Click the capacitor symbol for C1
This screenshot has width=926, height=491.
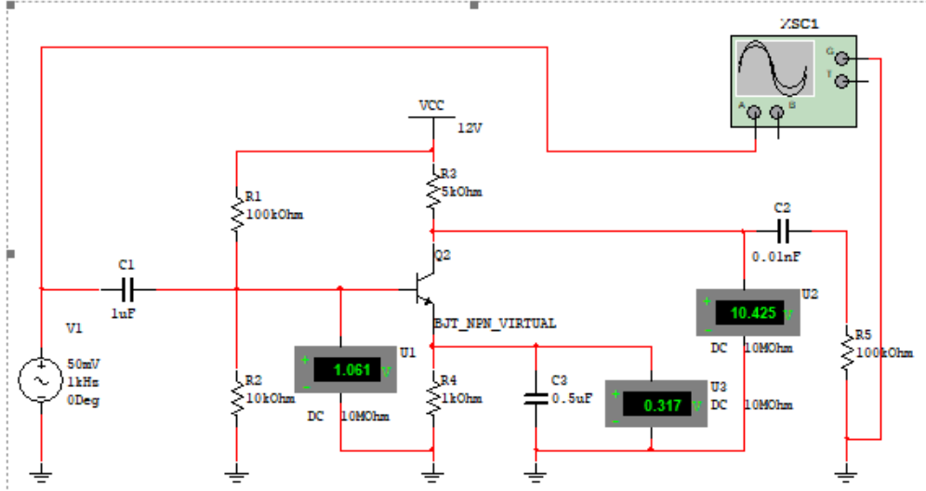tap(127, 288)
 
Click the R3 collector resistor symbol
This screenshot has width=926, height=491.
tap(432, 190)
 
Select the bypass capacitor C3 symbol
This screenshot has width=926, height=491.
tap(536, 398)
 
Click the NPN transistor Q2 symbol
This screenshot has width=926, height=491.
tap(425, 289)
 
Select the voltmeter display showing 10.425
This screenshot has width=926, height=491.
tap(751, 312)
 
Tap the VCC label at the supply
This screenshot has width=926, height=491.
tap(431, 105)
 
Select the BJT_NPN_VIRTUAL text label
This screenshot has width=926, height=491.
tap(495, 323)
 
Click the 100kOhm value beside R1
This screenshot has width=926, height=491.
tap(275, 215)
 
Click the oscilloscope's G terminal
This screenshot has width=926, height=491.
tap(842, 57)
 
